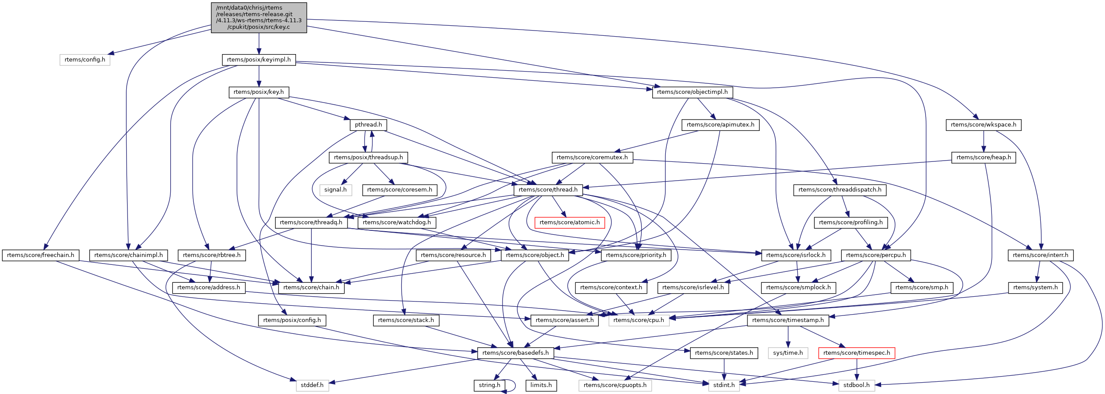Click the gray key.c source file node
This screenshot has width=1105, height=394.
(x=259, y=17)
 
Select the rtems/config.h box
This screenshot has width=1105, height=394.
(x=85, y=60)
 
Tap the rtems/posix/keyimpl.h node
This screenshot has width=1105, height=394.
(x=259, y=60)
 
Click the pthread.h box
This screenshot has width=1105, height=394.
(x=368, y=125)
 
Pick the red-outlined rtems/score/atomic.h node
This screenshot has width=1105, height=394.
(x=569, y=223)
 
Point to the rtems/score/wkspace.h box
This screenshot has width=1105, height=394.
(x=983, y=125)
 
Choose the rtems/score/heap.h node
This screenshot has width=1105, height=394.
(x=983, y=158)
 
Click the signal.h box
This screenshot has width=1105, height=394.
(x=335, y=190)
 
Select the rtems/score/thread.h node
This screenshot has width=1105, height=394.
(x=548, y=190)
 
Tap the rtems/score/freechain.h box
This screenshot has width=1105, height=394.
(x=41, y=255)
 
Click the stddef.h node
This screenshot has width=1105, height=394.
(x=312, y=385)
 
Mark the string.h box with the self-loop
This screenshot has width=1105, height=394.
(x=489, y=385)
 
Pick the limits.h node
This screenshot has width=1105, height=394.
(x=541, y=385)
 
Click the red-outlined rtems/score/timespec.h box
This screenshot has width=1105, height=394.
(x=856, y=353)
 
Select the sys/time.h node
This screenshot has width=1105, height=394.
(x=788, y=353)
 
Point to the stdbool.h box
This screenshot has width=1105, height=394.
(x=856, y=385)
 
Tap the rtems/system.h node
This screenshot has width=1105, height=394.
(x=1035, y=288)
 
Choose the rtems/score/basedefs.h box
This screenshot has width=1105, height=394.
(x=515, y=353)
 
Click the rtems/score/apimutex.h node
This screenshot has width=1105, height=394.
(x=720, y=125)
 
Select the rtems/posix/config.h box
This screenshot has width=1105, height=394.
(x=292, y=320)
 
